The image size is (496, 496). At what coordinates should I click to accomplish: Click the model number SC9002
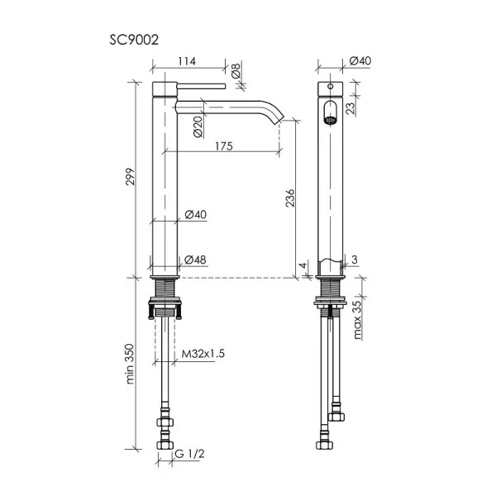134,41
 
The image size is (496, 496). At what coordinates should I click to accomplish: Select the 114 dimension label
187,61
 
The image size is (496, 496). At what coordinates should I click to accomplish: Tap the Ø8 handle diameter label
236,70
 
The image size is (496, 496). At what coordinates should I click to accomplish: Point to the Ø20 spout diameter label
198,126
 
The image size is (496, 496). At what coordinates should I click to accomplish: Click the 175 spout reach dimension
224,146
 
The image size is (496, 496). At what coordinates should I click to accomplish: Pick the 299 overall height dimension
130,177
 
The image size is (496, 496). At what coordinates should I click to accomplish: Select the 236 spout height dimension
290,198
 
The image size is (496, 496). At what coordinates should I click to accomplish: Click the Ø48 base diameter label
195,260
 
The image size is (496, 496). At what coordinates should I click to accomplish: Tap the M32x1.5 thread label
203,353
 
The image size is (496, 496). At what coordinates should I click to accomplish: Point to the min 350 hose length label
130,364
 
